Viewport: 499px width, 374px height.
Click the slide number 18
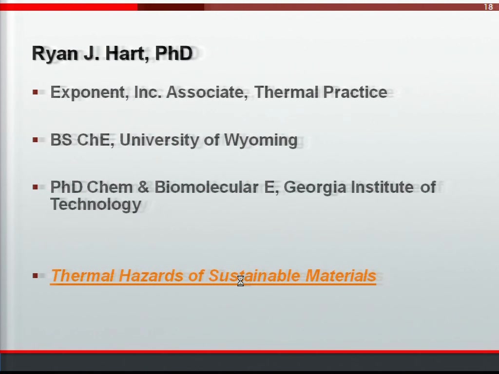point(488,7)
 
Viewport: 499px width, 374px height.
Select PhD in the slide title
point(174,53)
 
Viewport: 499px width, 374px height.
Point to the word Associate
point(207,92)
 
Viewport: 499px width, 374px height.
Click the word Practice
point(355,92)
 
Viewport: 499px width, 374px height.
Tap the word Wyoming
point(261,140)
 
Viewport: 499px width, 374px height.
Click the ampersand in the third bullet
point(144,187)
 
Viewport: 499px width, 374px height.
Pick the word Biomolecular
point(207,187)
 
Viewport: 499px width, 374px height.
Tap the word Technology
point(96,205)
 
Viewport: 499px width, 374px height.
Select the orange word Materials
point(341,276)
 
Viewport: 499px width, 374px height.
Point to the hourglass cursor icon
point(241,281)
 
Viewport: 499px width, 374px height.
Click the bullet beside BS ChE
point(35,140)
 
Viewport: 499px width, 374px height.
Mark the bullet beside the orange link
point(35,276)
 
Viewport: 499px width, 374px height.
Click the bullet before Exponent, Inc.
point(35,92)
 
